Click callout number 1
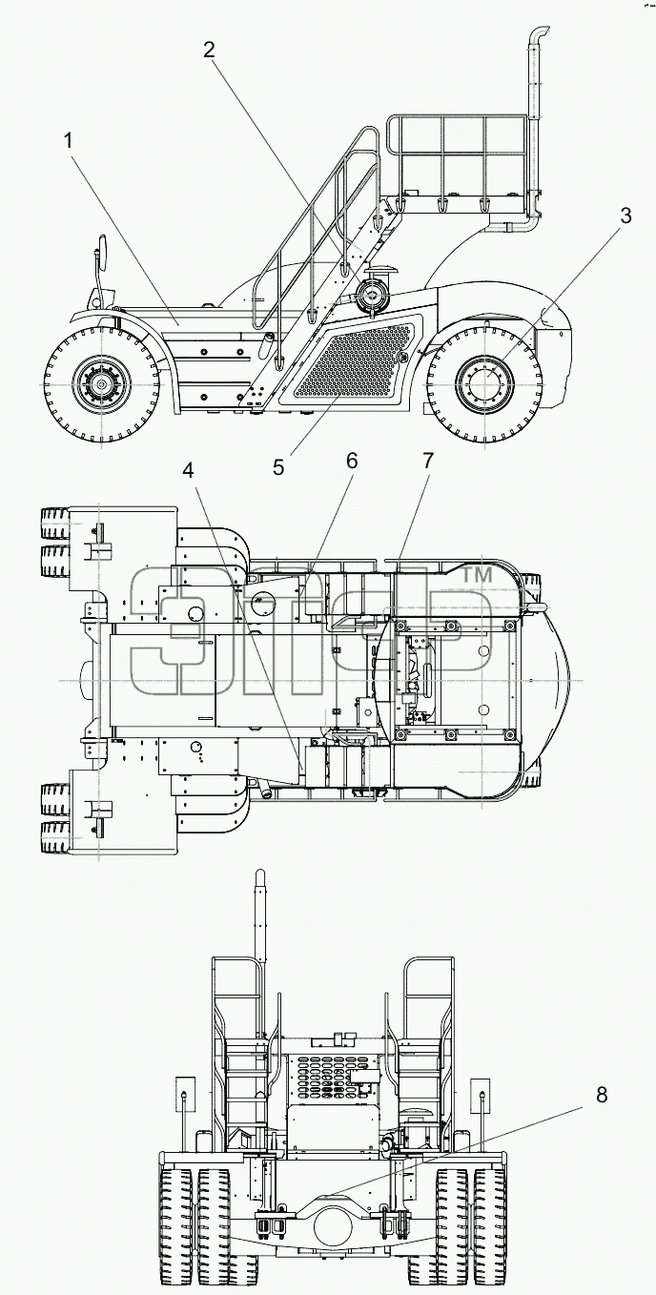coord(69,140)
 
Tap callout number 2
coord(209,50)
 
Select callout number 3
coord(625,216)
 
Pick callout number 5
coord(278,467)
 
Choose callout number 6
coord(352,461)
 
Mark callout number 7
coord(427,461)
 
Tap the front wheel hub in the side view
coord(102,384)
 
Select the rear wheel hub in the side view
coord(484,383)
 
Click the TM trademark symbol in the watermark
coord(476,575)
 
